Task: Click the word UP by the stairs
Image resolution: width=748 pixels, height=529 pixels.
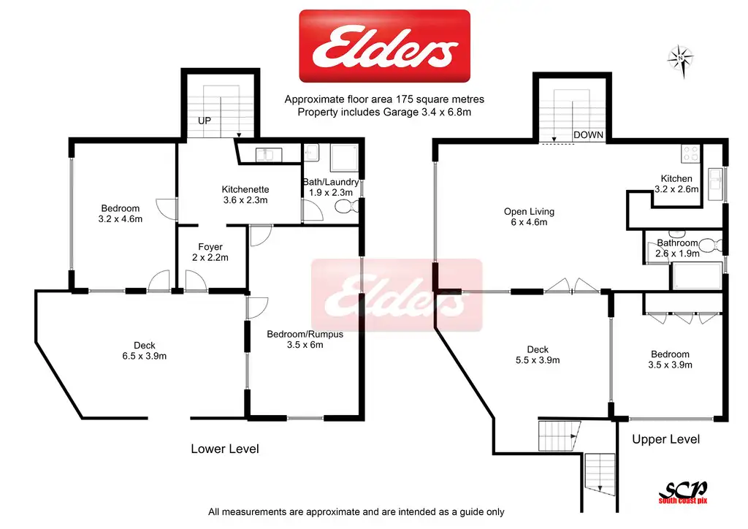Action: point(205,121)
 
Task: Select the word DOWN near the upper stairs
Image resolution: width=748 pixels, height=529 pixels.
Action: point(588,135)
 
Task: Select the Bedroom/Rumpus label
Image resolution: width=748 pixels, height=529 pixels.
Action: point(305,335)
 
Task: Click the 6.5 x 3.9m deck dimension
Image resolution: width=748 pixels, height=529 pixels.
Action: point(144,357)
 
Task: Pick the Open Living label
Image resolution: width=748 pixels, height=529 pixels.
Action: point(530,212)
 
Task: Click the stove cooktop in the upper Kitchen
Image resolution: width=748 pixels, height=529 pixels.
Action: point(690,153)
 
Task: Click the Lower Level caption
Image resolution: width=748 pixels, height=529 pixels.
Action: point(225,449)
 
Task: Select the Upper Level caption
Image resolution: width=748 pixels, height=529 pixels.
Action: point(665,439)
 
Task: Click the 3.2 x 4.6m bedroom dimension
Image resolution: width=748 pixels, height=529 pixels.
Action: point(120,218)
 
